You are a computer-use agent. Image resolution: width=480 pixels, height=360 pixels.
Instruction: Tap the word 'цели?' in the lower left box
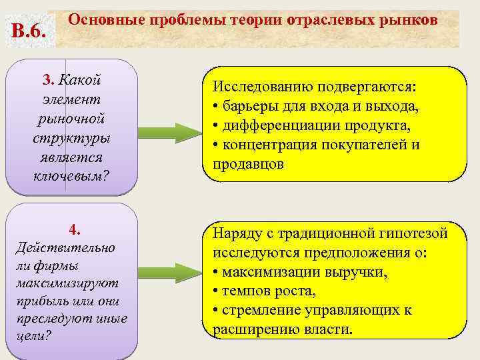coord(31,335)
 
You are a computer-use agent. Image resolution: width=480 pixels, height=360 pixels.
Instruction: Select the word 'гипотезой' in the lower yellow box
coord(413,234)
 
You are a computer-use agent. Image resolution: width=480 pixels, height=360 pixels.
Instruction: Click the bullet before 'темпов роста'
coord(216,291)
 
